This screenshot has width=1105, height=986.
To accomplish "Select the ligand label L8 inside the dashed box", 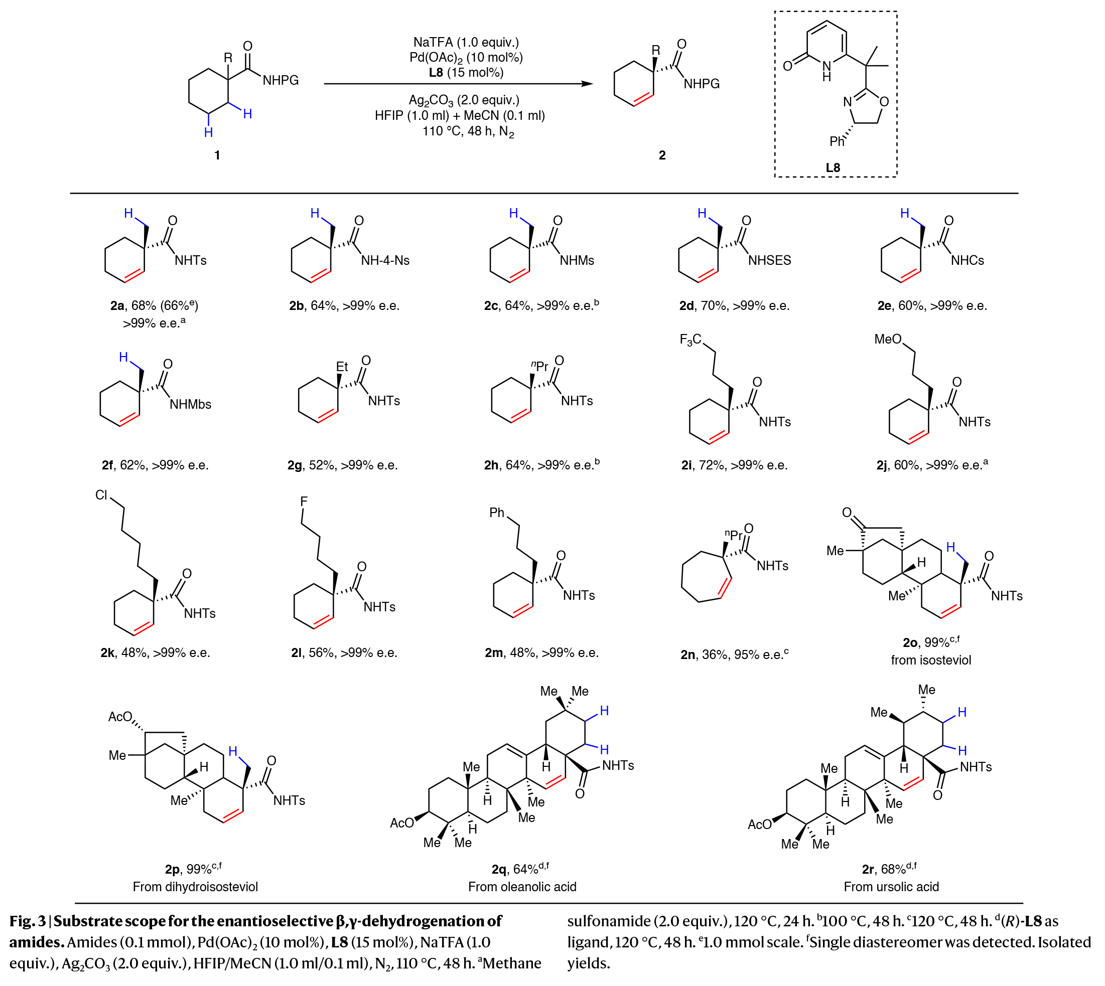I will [x=833, y=168].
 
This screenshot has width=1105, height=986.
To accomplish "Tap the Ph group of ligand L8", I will [x=837, y=141].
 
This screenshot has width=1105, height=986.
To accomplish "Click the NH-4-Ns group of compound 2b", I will [x=385, y=261].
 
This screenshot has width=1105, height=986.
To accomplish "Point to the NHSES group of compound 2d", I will [x=770, y=261].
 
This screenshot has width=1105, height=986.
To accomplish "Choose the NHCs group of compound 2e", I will [x=968, y=261].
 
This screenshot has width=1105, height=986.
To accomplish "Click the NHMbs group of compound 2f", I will [x=190, y=404].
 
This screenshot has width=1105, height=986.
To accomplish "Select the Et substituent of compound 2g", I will [x=342, y=367].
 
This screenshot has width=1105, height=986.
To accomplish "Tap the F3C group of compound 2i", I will [x=690, y=340].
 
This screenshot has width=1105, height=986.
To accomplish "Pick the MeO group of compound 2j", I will [x=888, y=339].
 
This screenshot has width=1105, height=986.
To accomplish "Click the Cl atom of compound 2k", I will [x=101, y=495].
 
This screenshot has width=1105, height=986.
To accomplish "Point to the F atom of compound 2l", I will [x=304, y=502].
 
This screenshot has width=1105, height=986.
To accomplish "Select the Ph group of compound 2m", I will [x=497, y=513].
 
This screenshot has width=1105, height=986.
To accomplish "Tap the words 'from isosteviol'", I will [x=931, y=660].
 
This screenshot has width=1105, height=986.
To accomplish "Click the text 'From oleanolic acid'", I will [x=522, y=886].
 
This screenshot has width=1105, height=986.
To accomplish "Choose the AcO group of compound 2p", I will [x=120, y=717].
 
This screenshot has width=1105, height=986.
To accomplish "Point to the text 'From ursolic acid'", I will [x=891, y=886].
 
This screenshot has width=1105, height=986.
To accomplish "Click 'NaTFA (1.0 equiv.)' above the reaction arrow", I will [x=466, y=42].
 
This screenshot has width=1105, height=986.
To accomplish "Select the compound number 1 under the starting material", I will [x=217, y=155].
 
